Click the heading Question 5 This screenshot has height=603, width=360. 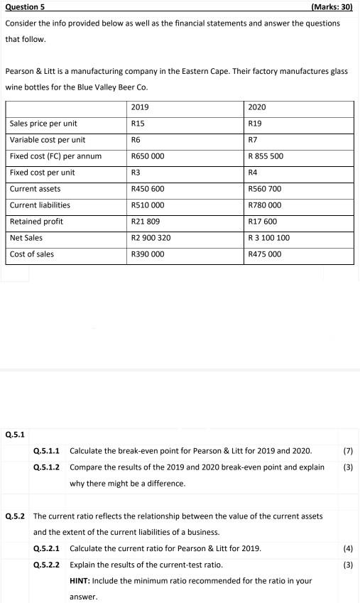26,7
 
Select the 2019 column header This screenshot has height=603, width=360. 141,107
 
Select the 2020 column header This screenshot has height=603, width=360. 257,107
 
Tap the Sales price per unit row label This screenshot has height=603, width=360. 43,124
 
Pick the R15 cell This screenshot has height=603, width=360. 138,124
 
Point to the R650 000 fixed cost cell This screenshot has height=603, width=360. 148,156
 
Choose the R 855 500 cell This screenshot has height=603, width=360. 266,156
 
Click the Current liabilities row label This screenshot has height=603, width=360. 40,205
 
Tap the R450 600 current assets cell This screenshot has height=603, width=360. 148,189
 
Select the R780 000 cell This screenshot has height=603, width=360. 265,205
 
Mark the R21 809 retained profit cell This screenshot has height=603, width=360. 146,222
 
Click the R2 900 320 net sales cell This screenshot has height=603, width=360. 151,238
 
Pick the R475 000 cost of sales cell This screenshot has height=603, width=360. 265,254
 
